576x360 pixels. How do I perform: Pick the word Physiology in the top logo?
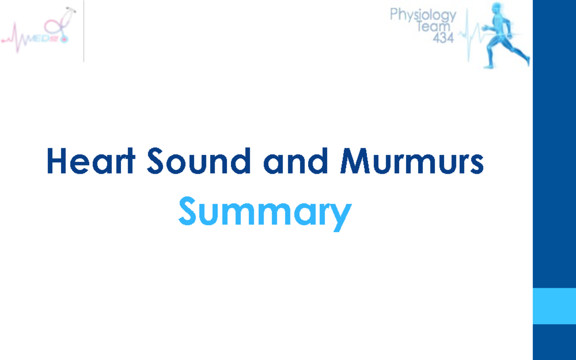[422, 15]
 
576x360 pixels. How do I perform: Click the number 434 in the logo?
[443, 38]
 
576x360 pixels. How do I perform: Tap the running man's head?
[497, 10]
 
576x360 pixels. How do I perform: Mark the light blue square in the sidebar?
[554, 306]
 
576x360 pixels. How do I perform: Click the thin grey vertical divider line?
[84, 31]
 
